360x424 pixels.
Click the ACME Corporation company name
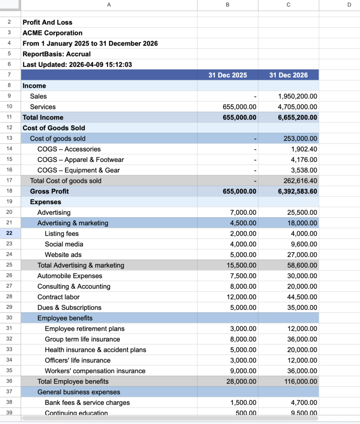point(53,33)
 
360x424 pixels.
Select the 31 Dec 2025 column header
point(228,75)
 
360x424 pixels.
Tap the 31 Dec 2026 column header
point(288,75)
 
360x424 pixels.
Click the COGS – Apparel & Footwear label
point(81,159)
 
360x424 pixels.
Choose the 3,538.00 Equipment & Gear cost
point(304,170)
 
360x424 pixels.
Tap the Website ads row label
point(63,255)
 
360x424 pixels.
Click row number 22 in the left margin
point(9,234)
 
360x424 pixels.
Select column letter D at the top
point(349,5)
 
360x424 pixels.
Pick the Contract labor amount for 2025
point(243,297)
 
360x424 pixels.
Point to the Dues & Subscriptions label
point(70,307)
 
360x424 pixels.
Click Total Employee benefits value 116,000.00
point(301,381)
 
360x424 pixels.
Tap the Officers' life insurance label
point(78,360)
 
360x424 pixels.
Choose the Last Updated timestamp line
point(77,64)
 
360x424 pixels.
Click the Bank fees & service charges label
point(87,402)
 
